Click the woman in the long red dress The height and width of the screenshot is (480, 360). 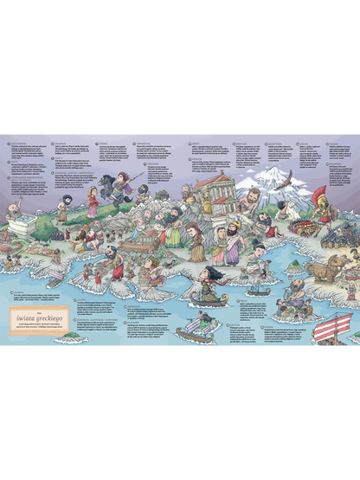[93, 202]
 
